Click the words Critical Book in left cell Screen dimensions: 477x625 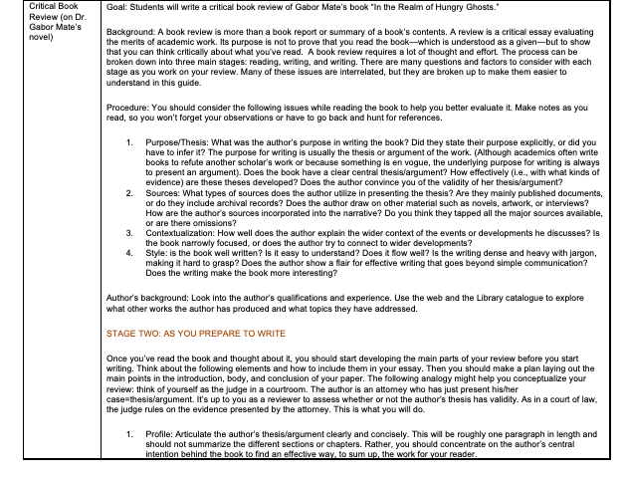click(31, 8)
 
